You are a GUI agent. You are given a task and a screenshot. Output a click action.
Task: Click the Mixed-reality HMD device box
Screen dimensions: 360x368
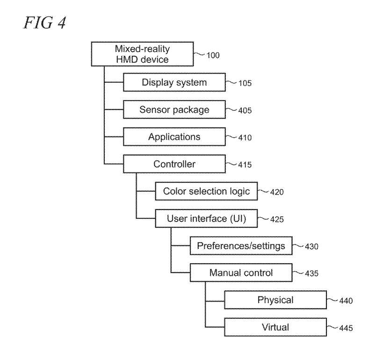pyautogui.click(x=142, y=54)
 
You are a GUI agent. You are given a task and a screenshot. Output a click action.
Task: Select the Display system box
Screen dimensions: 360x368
pyautogui.click(x=174, y=83)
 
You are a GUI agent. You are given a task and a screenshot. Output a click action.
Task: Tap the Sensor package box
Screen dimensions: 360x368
pyautogui.click(x=174, y=110)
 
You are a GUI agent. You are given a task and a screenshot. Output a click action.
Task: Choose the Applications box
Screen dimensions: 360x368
pyautogui.click(x=174, y=137)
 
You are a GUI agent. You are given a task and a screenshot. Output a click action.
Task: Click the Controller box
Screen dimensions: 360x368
pyautogui.click(x=174, y=164)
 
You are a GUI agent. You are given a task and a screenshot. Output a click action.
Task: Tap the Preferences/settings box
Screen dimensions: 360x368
pyautogui.click(x=240, y=245)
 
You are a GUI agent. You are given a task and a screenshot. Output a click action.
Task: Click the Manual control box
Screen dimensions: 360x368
pyautogui.click(x=240, y=273)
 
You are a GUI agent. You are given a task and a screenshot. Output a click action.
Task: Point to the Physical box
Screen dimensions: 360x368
pyautogui.click(x=275, y=300)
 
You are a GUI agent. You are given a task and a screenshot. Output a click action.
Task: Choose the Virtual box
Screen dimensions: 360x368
pyautogui.click(x=275, y=327)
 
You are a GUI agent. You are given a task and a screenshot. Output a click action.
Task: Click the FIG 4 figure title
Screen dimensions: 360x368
pyautogui.click(x=46, y=22)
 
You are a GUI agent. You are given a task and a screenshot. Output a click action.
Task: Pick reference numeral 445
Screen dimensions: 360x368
pyautogui.click(x=346, y=328)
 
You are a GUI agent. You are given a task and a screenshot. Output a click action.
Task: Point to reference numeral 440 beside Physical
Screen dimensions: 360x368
pyautogui.click(x=346, y=301)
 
